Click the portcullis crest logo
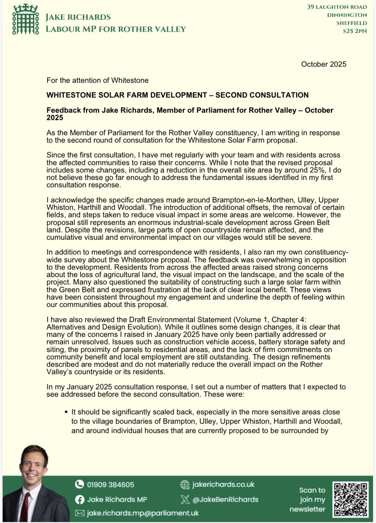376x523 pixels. coord(26,19)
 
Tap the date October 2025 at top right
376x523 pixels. coord(324,64)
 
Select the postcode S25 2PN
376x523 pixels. coord(355,31)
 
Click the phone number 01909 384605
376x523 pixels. coord(111,484)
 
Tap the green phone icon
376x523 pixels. coord(79,484)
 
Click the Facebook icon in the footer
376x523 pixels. coord(79,500)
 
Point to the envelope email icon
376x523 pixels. coord(79,513)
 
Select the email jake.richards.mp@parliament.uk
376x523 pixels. coord(143,513)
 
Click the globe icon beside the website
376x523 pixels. coord(185,485)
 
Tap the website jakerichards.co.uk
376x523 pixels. coord(223,484)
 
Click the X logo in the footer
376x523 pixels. coord(185,500)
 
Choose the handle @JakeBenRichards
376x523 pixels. coord(225,500)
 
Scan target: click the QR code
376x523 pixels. coord(350,499)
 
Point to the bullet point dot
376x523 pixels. coord(66,412)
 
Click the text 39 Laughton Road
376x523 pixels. coord(337,7)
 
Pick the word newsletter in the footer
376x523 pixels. coord(307,509)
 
